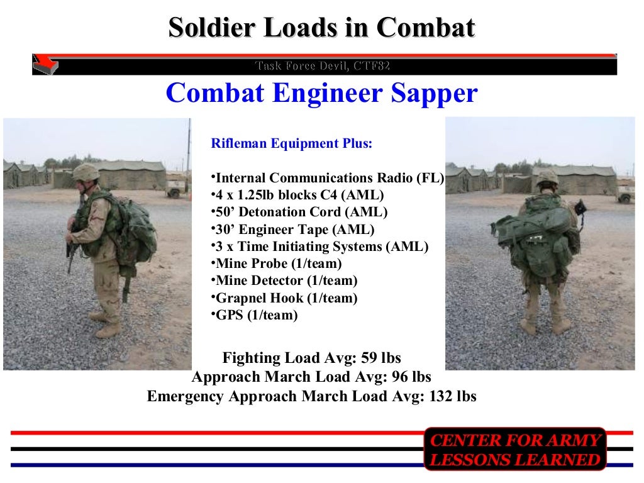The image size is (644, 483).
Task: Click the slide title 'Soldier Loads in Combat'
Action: click(x=321, y=28)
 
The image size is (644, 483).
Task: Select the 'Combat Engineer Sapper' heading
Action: click(x=321, y=94)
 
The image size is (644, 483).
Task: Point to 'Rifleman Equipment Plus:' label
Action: click(x=292, y=143)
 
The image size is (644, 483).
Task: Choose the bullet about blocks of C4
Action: click(x=297, y=195)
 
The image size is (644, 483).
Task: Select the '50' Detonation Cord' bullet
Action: click(x=299, y=212)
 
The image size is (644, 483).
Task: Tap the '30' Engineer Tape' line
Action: click(x=294, y=230)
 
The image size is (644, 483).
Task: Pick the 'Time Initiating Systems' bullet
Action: click(x=320, y=247)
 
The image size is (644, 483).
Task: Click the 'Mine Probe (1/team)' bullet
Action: click(x=279, y=264)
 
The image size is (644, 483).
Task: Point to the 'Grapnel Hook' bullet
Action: click(x=284, y=298)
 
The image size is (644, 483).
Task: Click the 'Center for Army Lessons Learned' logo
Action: click(x=514, y=449)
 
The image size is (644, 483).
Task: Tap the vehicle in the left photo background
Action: click(x=177, y=186)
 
